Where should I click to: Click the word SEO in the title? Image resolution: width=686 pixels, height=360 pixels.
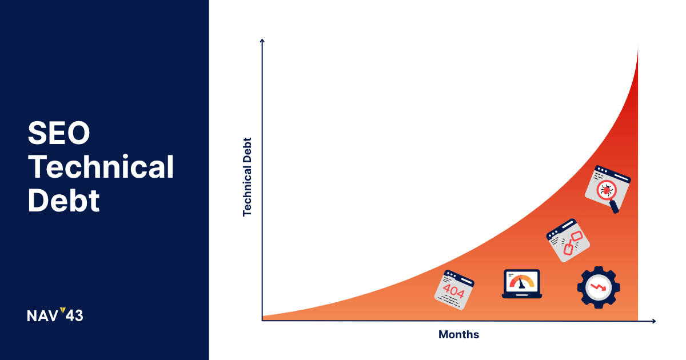pos(58,133)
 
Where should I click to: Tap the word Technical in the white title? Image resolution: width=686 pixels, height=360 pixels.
pos(101,166)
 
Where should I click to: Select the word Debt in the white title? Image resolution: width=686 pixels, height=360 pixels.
pos(63,201)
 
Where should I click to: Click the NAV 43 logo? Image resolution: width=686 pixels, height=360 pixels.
pos(55,315)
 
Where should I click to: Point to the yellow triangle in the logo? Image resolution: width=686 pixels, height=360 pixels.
pos(63,310)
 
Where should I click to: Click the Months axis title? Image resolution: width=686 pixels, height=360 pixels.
pos(458,335)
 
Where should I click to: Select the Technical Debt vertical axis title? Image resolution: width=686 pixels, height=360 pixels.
pos(247,177)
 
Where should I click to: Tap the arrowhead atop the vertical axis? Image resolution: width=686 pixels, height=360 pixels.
pos(262,41)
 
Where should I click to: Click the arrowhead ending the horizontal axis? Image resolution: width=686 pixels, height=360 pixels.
pos(653,321)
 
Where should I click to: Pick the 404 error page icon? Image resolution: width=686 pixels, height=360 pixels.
pos(454,290)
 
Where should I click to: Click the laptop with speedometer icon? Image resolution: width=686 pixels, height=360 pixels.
pos(522,284)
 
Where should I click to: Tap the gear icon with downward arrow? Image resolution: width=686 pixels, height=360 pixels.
pos(599,287)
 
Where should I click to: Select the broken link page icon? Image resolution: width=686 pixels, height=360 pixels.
pos(568,241)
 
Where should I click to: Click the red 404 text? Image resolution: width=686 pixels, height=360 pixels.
pos(453,290)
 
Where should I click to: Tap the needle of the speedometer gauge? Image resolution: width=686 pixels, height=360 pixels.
pos(521,283)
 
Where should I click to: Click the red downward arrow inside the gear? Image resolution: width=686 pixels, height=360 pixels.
pos(598,287)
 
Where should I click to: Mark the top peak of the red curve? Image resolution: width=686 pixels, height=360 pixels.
pos(638,46)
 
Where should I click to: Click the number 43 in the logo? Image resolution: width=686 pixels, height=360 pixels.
pos(74,315)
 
